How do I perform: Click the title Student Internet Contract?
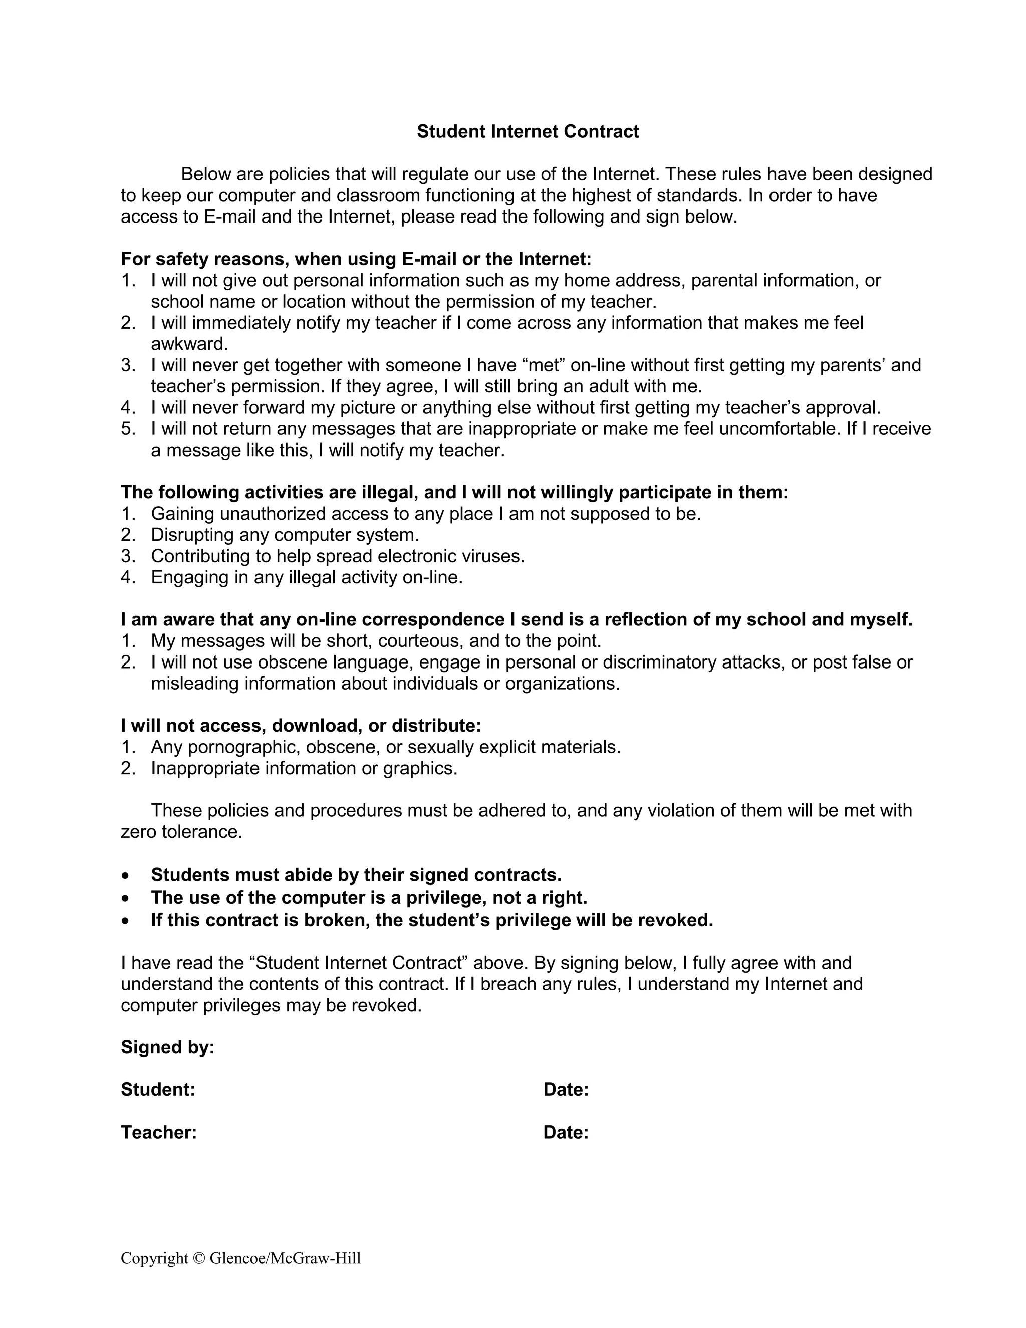(x=528, y=131)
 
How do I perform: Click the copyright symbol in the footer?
(x=199, y=1258)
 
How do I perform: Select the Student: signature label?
(x=158, y=1089)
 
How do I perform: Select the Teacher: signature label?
(x=159, y=1132)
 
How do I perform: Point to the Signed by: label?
(x=168, y=1047)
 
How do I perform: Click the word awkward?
(x=189, y=344)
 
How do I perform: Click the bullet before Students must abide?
(x=125, y=876)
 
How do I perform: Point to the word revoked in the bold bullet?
(x=675, y=921)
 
